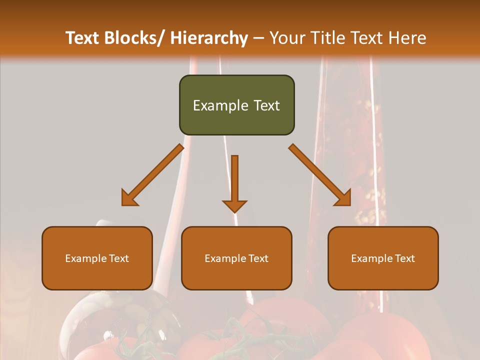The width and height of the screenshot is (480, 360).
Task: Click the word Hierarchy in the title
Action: coord(208,38)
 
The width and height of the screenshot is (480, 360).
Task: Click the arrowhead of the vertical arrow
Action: coord(234,206)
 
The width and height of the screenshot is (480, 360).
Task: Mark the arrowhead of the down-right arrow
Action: coord(344,199)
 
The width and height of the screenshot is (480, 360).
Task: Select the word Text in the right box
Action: coord(405,258)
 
